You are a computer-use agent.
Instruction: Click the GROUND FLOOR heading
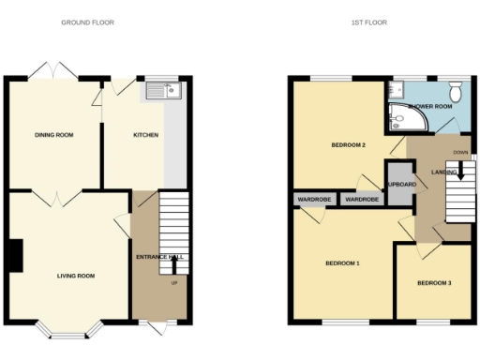[87, 22]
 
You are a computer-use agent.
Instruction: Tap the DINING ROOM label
[54, 135]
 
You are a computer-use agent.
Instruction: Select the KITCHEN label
[145, 135]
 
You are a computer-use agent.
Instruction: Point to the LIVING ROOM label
[76, 276]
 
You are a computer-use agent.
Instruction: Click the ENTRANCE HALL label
[159, 257]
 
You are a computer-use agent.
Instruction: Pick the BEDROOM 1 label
[342, 263]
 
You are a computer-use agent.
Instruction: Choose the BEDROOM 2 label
[348, 145]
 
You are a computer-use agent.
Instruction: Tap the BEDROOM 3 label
[434, 282]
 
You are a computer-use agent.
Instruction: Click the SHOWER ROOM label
[431, 107]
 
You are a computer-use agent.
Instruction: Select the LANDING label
[443, 172]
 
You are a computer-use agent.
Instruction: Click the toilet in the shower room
[455, 91]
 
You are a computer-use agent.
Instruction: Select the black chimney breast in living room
[16, 256]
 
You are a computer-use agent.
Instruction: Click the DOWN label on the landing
[460, 152]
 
